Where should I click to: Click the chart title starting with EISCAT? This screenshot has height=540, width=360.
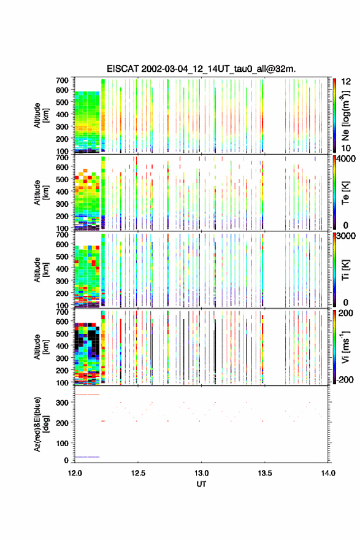pos(201,69)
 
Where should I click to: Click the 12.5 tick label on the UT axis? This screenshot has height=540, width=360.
pos(138,473)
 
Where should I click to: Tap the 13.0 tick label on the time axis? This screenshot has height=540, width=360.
pos(201,473)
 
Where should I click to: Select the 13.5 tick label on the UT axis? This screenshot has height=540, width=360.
pos(265,473)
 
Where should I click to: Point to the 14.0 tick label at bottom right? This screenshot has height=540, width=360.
pos(328,473)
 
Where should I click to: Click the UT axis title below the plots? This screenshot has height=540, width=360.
pos(201,484)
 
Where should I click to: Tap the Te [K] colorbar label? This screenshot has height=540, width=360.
pos(345,193)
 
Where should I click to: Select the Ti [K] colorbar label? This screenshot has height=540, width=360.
pos(345,269)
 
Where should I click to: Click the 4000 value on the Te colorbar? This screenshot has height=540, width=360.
pos(347,160)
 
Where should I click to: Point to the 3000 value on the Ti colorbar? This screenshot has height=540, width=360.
pos(347,236)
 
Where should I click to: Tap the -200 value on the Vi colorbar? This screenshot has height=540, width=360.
pos(345,379)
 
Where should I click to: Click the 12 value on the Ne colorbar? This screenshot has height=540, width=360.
pos(346,82)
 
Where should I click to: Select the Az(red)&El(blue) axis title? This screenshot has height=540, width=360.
pos(41,424)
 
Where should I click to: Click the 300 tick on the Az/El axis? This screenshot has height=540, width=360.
pos(63,403)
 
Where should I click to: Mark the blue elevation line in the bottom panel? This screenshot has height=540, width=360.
pos(87,457)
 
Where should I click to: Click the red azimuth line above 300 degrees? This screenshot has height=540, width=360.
pos(87,395)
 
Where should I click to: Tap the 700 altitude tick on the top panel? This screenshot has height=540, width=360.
pos(63,80)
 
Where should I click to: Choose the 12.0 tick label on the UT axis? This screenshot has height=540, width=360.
pos(75,473)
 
